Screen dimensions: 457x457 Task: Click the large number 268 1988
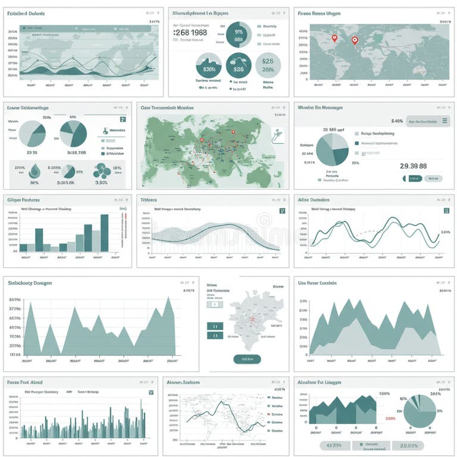pos(190,33)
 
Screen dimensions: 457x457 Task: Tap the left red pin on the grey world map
pos(334,39)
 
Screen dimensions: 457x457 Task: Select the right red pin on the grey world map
pos(355,40)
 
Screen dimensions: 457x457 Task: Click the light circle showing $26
pos(268,65)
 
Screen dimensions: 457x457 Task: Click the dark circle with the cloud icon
pos(239,65)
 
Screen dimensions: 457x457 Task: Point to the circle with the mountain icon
pos(209,65)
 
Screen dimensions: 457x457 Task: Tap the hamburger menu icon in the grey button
pos(445,121)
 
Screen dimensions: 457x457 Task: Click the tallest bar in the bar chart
pos(105,232)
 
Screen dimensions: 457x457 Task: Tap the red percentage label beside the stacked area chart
pos(390,418)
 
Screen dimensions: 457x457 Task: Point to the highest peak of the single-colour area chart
pos(169,299)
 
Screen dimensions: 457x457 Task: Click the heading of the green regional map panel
pos(167,108)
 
